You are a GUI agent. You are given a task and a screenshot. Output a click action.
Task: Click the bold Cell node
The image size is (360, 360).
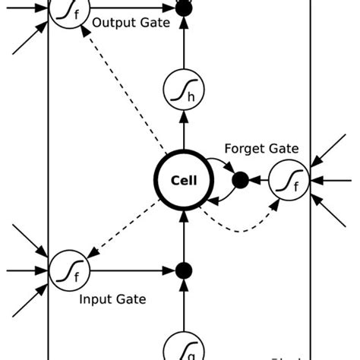183,181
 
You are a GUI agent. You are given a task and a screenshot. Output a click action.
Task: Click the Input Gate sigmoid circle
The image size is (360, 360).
67,270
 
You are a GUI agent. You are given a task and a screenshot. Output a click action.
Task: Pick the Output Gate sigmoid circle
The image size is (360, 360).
67,10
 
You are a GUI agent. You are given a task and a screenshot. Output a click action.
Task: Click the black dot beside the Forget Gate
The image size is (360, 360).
240,181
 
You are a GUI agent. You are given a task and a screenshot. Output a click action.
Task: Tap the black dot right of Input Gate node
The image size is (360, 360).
183,270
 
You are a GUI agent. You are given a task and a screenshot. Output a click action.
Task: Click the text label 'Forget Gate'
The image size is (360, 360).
262,149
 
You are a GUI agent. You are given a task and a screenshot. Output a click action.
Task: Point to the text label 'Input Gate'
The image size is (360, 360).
112,299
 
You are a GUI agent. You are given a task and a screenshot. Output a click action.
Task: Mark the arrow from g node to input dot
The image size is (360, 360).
183,308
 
